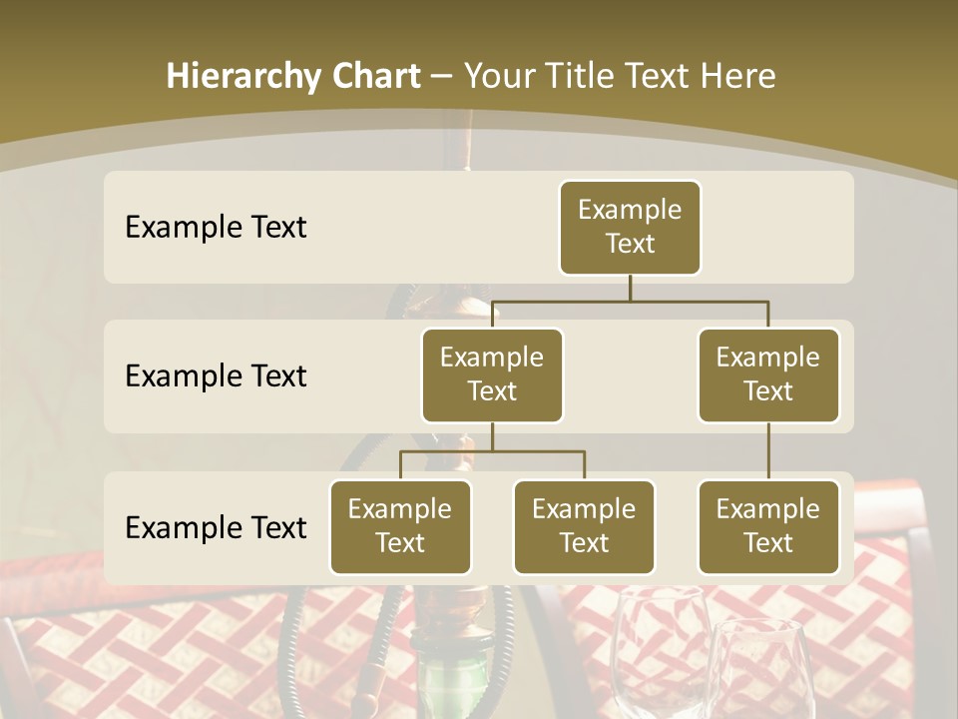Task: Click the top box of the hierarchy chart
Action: (630, 227)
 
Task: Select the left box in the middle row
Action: (492, 374)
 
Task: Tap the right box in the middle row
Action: (768, 374)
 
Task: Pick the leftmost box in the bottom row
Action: (400, 526)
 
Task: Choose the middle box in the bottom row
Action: (584, 526)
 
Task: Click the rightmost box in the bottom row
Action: (768, 526)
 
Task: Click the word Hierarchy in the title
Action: (242, 77)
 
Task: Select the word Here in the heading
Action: (737, 76)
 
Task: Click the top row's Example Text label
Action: (216, 228)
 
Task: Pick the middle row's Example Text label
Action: (216, 376)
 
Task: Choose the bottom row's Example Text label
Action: (216, 527)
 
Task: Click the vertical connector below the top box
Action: (630, 288)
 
